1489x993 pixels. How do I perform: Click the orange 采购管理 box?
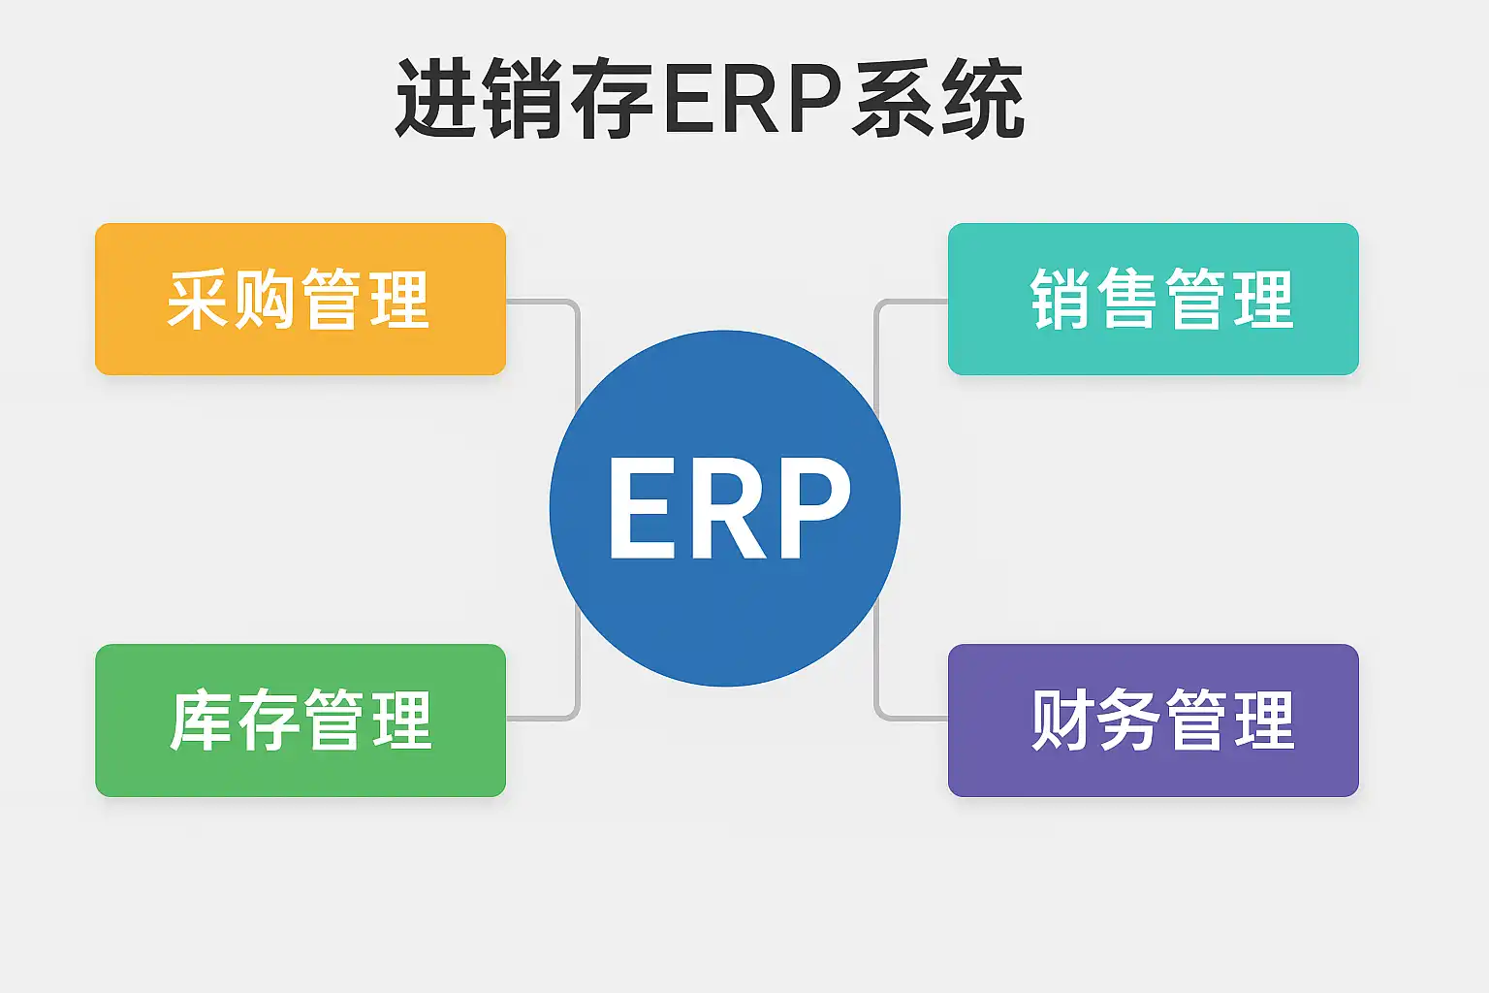tap(301, 299)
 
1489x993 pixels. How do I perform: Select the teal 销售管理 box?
tap(1153, 299)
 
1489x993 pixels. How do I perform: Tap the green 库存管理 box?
tap(301, 720)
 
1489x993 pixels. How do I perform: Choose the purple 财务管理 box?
tap(1153, 720)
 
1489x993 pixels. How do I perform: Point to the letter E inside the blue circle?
tap(642, 509)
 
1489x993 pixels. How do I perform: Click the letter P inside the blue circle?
tap(816, 509)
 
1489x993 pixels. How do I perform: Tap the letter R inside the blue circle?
tap(729, 509)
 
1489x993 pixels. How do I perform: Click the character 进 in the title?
tap(436, 99)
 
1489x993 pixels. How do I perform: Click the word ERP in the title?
tap(751, 99)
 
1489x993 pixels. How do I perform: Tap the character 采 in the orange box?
tap(199, 299)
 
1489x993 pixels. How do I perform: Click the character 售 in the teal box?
tap(1128, 299)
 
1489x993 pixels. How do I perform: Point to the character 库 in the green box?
tap(201, 720)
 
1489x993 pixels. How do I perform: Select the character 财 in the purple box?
tap(1061, 720)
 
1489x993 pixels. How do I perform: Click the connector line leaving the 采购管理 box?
tap(543, 302)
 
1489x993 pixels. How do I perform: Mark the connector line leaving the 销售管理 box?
tap(911, 302)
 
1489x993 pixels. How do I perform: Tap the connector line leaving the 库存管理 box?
tap(543, 719)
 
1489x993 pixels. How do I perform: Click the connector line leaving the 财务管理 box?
tap(911, 719)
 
